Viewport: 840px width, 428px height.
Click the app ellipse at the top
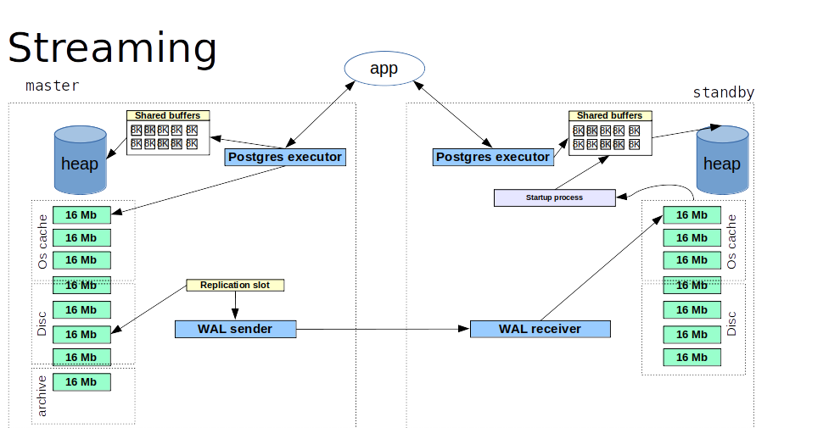(x=384, y=68)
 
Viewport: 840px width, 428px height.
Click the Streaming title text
(x=112, y=47)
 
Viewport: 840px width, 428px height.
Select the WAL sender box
(x=235, y=329)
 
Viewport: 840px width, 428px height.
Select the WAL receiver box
(x=540, y=329)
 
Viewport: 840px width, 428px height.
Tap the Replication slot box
(x=235, y=286)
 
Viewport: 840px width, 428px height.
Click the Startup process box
(x=554, y=197)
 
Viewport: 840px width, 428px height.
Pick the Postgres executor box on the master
(x=285, y=157)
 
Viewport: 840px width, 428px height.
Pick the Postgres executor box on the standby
(x=493, y=157)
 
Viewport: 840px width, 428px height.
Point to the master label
(x=52, y=86)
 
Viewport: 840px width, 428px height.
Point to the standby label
(x=723, y=92)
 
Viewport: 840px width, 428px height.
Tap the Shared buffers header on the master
(x=168, y=115)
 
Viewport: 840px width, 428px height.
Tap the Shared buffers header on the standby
(x=609, y=115)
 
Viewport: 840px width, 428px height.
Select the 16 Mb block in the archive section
(x=82, y=382)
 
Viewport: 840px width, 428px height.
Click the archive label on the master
(x=42, y=396)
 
